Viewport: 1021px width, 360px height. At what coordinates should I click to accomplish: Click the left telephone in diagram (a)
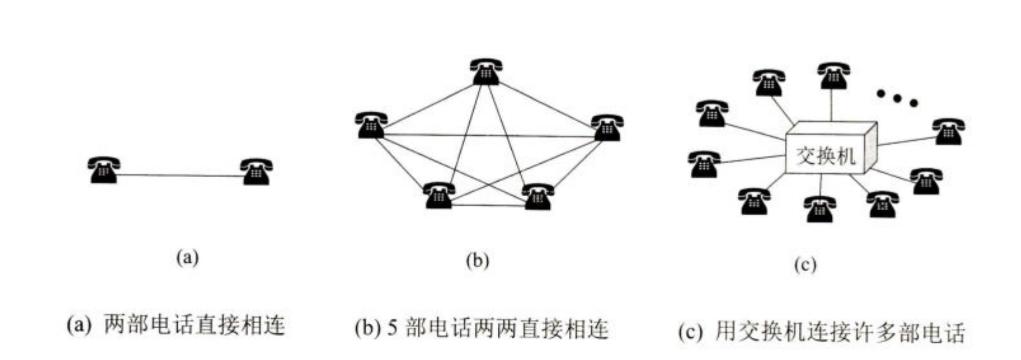[103, 170]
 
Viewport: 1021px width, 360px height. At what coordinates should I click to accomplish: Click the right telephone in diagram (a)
[257, 171]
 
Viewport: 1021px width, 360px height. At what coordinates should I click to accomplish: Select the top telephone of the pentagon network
[486, 71]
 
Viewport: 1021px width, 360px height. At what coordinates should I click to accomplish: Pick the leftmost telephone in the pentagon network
[371, 125]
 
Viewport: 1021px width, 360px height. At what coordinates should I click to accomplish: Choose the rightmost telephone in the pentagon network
[606, 127]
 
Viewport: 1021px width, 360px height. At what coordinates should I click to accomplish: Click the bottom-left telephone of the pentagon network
[439, 195]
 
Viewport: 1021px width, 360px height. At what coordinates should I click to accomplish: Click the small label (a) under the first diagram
[187, 257]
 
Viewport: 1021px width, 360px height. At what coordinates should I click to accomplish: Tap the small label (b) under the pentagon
[477, 260]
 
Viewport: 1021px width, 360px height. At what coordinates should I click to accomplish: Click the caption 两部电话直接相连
[194, 326]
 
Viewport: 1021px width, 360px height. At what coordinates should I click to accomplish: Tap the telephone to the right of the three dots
[948, 131]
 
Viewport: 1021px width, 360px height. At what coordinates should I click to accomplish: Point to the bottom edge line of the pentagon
[488, 205]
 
